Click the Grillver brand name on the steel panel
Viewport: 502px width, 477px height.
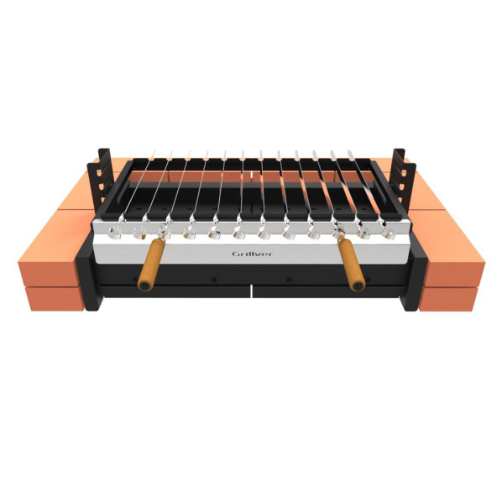(252, 254)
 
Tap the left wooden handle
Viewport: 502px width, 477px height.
(152, 264)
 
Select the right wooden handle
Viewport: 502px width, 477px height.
(352, 264)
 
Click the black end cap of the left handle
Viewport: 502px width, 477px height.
(145, 286)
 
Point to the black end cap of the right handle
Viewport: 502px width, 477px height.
(358, 286)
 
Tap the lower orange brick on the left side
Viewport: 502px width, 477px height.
(55, 299)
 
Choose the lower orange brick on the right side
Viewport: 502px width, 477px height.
(449, 299)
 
